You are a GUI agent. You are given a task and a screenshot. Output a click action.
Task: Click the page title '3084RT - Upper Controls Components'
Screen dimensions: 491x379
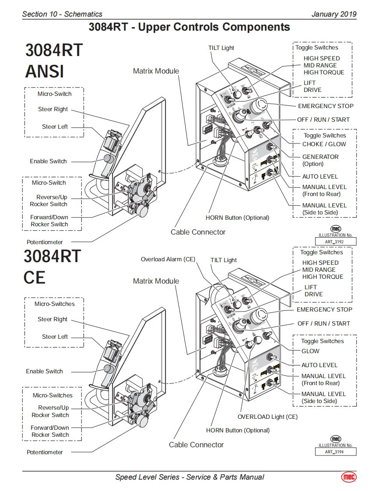click(x=189, y=27)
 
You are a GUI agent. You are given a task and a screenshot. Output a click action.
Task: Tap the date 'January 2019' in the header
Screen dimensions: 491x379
click(x=333, y=14)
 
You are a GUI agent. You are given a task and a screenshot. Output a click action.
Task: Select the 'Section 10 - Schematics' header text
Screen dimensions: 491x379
click(x=62, y=14)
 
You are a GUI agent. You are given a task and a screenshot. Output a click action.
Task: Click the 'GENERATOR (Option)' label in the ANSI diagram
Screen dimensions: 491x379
click(x=320, y=160)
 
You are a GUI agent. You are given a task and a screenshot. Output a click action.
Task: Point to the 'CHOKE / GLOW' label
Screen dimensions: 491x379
click(x=324, y=144)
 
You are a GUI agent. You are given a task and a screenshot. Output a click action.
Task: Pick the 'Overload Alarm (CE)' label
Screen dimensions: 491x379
click(x=168, y=260)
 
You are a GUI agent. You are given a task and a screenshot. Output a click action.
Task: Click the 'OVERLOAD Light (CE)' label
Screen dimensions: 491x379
click(x=267, y=417)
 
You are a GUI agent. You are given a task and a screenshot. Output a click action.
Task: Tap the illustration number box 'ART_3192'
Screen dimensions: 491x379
click(x=336, y=242)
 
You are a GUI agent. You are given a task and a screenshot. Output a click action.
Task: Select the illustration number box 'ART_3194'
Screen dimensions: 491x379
click(x=336, y=452)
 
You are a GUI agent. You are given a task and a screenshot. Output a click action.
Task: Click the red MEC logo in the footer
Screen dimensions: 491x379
click(x=349, y=477)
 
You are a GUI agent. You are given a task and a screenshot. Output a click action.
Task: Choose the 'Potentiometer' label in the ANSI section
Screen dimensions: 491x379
click(x=45, y=242)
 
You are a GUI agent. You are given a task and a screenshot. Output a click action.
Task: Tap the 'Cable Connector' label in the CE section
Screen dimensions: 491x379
click(x=197, y=445)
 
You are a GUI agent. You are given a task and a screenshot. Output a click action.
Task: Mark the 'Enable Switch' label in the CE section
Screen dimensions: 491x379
click(x=44, y=371)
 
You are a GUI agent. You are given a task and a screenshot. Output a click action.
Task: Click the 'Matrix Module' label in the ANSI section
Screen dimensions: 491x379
click(x=156, y=71)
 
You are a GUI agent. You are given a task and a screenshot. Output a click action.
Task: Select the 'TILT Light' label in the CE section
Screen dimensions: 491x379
click(x=224, y=260)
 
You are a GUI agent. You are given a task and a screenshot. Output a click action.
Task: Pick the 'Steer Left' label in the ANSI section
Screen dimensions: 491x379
click(x=55, y=127)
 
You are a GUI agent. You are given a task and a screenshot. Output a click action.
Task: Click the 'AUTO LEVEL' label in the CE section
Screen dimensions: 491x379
click(x=319, y=365)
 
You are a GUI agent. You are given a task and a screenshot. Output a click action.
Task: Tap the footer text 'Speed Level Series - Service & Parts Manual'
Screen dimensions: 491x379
click(x=189, y=477)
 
